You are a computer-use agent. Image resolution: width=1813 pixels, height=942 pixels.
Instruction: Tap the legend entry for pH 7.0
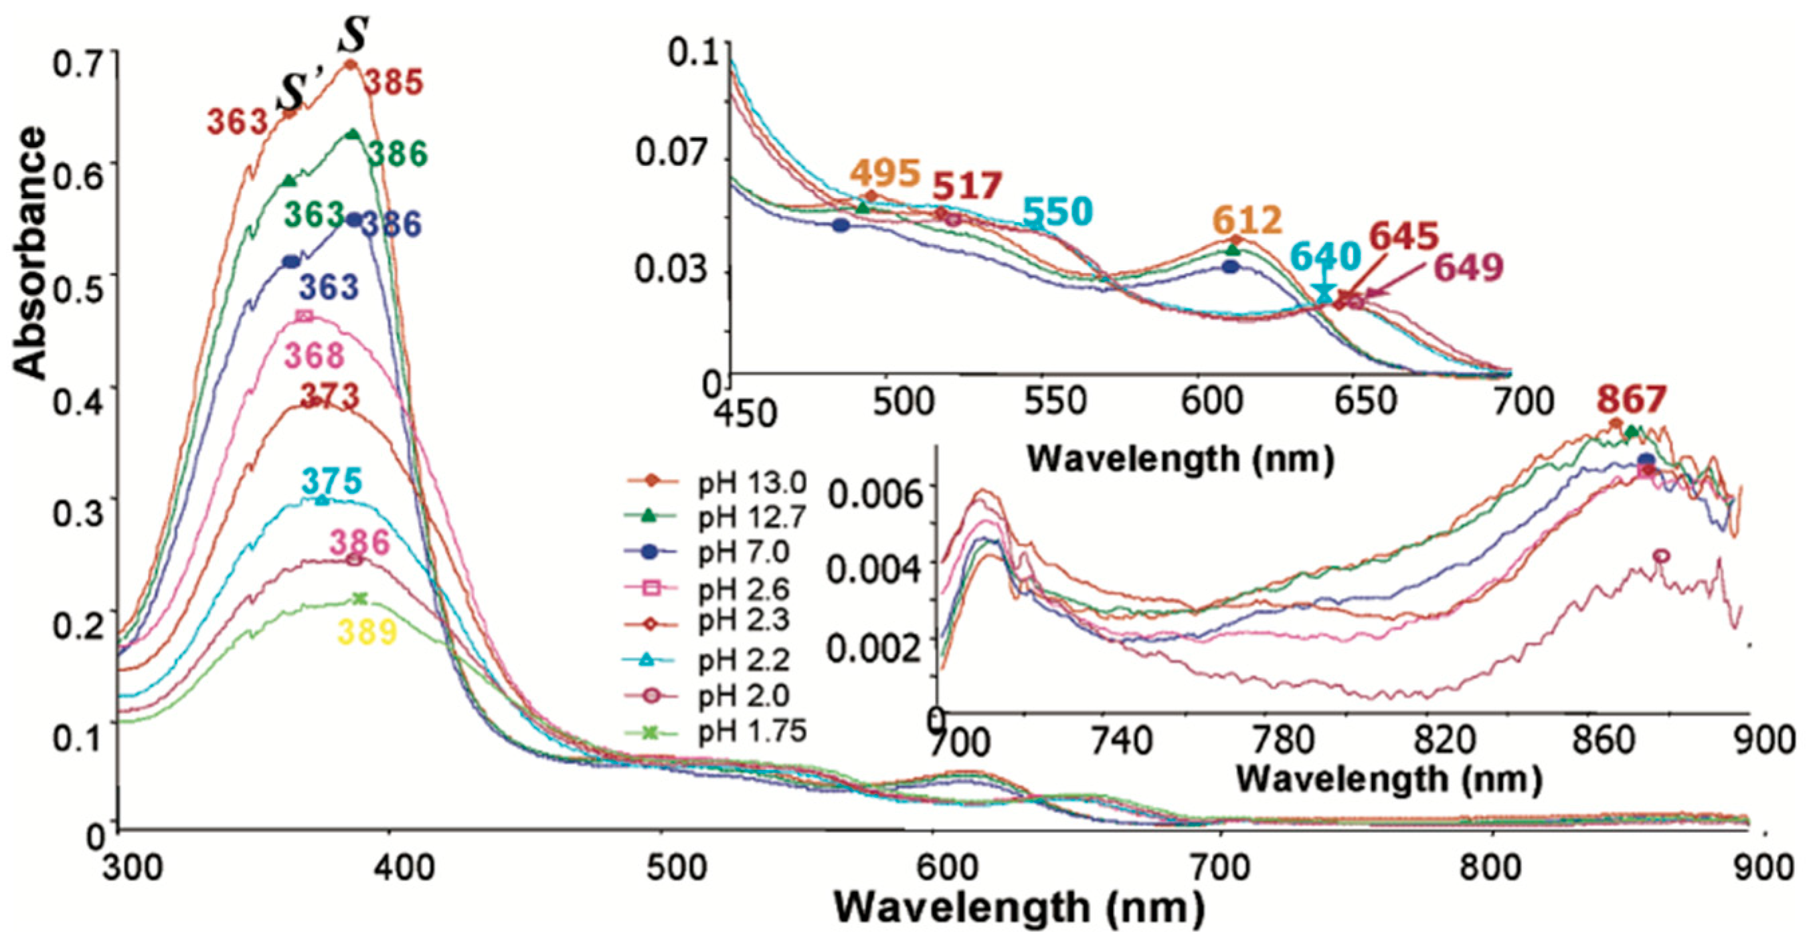pyautogui.click(x=744, y=553)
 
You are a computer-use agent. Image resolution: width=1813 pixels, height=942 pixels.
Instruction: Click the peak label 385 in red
pyautogui.click(x=394, y=83)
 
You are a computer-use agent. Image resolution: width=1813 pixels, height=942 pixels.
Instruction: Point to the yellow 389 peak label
pyautogui.click(x=367, y=632)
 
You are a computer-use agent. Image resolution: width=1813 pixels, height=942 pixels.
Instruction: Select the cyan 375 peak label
pyautogui.click(x=331, y=482)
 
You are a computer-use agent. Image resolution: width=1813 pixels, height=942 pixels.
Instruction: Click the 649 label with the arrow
pyautogui.click(x=1469, y=268)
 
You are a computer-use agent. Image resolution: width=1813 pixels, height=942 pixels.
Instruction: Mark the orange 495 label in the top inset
pyautogui.click(x=885, y=173)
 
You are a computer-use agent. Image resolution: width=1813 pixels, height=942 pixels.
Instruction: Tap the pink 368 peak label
pyautogui.click(x=314, y=356)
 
